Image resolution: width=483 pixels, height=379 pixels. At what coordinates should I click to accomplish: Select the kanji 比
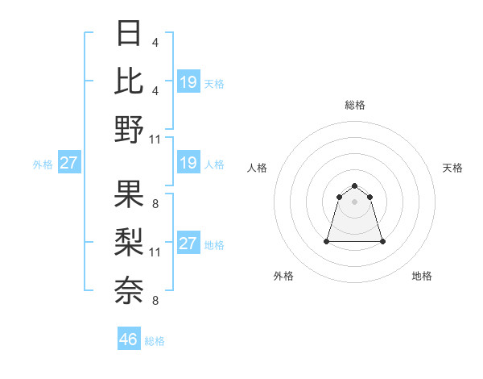(x=130, y=80)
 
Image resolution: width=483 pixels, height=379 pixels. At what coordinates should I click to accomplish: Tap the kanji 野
(x=130, y=129)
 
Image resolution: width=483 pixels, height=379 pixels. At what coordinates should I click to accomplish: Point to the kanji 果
(x=130, y=194)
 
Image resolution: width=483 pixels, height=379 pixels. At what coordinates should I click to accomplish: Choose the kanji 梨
(x=130, y=241)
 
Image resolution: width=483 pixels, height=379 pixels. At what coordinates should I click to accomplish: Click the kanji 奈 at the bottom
(x=130, y=289)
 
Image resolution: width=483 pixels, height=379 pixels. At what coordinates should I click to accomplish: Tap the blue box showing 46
(x=129, y=339)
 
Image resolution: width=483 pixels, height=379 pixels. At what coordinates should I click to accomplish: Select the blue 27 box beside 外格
(x=68, y=163)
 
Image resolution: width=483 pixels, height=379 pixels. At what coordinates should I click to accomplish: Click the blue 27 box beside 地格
(x=188, y=244)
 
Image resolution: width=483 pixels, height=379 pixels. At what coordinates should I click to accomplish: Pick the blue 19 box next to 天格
(x=188, y=81)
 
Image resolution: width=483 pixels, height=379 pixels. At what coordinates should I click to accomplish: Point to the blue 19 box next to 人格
(x=188, y=163)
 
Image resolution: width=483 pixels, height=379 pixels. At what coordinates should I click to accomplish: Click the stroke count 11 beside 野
(x=155, y=140)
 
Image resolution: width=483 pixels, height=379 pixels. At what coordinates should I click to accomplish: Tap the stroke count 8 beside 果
(x=155, y=203)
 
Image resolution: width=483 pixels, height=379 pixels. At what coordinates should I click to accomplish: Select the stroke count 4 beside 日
(x=155, y=42)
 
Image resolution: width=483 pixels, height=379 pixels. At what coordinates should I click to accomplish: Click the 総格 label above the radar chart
(x=355, y=105)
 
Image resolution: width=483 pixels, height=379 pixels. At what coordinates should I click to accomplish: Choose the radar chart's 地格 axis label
(x=422, y=276)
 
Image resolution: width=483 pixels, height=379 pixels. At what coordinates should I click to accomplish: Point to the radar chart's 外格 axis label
(x=283, y=276)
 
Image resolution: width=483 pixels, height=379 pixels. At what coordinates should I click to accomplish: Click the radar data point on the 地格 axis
(x=382, y=241)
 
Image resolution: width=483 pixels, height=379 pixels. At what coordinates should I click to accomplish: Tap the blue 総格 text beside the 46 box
(x=155, y=340)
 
